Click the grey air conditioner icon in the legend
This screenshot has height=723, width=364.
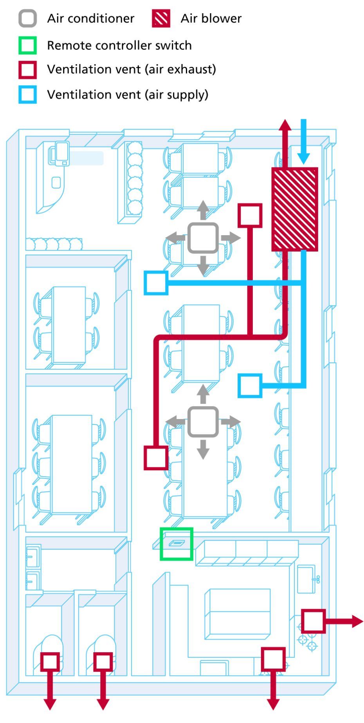point(28,18)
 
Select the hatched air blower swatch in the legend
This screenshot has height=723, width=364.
point(161,18)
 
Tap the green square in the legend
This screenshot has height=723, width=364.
point(28,45)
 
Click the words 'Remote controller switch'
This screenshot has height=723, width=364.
point(119,45)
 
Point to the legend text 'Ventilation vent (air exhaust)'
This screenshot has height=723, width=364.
point(132,69)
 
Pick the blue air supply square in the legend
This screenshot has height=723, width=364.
point(28,95)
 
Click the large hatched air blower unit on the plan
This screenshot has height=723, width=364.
point(295,209)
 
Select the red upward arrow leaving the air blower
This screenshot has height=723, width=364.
point(285,143)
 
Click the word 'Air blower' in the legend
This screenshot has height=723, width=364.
point(211,18)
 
